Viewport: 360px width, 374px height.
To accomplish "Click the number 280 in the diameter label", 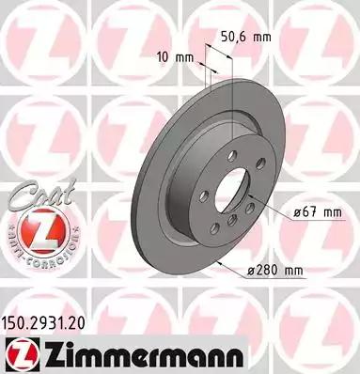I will click(272, 273).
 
